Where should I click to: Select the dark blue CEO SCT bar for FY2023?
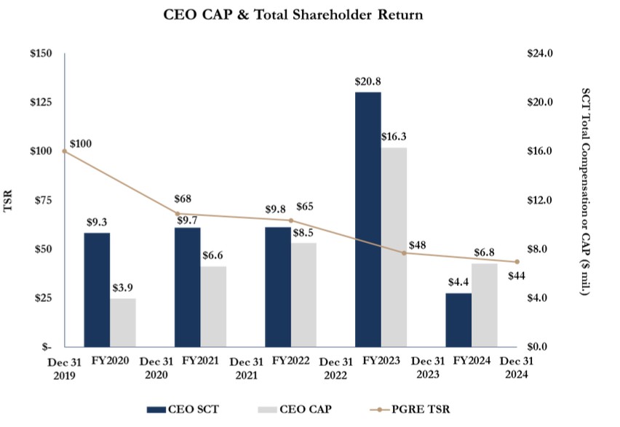coord(367,219)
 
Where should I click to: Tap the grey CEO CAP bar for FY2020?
coord(123,322)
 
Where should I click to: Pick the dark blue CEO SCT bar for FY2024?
coord(458,319)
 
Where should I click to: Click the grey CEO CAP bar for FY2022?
coord(303,295)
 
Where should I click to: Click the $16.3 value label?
coord(394,136)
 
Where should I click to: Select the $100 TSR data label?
coord(82,144)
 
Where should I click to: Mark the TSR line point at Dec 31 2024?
coord(517,262)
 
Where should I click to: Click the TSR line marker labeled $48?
coord(404,252)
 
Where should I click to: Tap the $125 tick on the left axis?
coord(42,103)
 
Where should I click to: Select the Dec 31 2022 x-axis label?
coord(336,369)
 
